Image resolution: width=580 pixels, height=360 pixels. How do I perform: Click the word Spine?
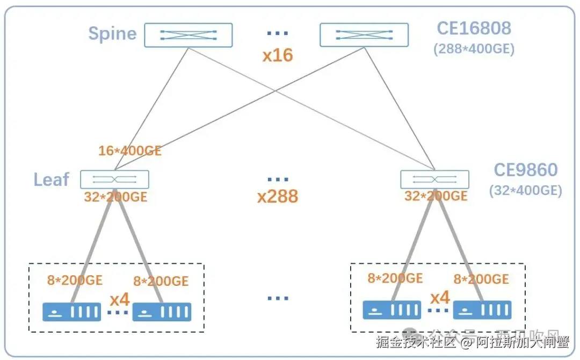tap(112, 34)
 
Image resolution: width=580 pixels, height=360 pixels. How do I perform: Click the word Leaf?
tap(51, 179)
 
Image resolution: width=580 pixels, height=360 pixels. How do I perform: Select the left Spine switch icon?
tap(188, 35)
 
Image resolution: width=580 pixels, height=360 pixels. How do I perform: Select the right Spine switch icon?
tap(364, 35)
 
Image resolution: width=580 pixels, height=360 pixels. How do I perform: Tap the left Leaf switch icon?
tap(114, 179)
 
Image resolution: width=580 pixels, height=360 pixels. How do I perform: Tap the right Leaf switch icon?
tap(434, 179)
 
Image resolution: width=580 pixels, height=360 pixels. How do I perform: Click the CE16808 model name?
tap(474, 28)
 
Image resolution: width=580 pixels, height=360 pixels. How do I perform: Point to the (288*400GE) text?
tap(474, 49)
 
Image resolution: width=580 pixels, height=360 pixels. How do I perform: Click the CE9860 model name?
tap(526, 170)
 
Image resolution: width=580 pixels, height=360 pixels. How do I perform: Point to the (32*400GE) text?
tap(525, 190)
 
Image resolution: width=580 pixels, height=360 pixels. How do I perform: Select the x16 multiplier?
tap(278, 55)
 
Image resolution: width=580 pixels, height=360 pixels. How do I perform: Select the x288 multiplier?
tap(277, 196)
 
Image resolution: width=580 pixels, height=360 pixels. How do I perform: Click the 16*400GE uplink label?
tap(129, 150)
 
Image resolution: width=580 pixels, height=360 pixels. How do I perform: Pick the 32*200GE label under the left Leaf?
tap(115, 197)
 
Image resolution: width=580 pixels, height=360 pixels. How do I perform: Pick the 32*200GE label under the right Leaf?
tap(436, 196)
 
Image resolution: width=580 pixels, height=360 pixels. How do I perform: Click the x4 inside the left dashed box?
tap(119, 298)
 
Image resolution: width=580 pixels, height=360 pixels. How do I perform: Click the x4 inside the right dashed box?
tap(439, 297)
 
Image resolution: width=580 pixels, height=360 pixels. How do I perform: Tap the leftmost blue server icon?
tap(72, 312)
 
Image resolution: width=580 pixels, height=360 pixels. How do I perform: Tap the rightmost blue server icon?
tap(482, 310)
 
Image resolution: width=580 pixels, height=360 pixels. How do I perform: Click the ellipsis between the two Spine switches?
tap(277, 33)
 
